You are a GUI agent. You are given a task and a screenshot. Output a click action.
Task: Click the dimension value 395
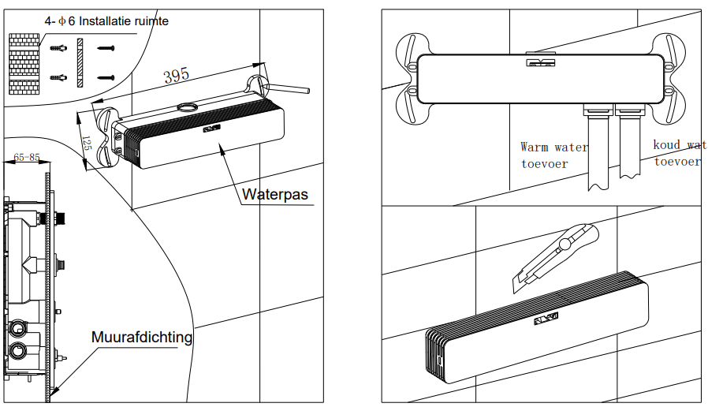click(x=176, y=76)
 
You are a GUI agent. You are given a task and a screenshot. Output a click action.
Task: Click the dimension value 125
click(x=87, y=143)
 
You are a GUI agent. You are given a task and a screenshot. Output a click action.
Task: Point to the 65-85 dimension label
click(x=27, y=157)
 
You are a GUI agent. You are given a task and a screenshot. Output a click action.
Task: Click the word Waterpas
click(x=274, y=194)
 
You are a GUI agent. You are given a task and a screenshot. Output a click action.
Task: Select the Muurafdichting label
click(x=142, y=338)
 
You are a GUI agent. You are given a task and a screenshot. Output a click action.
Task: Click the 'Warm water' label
click(x=554, y=147)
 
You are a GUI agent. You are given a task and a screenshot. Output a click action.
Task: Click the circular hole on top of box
click(x=188, y=106)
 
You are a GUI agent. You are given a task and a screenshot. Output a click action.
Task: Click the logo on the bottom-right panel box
click(x=545, y=319)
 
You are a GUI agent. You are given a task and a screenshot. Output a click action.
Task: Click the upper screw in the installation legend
click(x=106, y=49)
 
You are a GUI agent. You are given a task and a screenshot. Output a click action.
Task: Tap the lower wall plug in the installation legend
click(x=58, y=77)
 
